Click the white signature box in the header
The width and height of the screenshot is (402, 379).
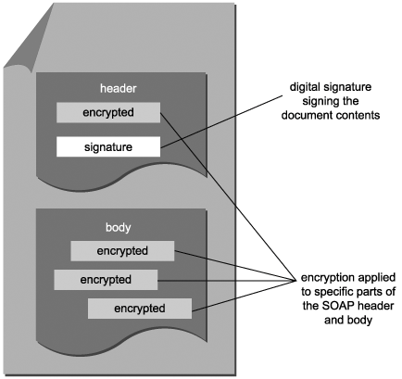108,146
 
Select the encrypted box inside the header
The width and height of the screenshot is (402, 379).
108,112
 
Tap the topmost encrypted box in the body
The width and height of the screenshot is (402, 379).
122,251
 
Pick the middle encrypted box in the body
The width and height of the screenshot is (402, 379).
106,280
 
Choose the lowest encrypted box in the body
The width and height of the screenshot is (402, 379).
140,309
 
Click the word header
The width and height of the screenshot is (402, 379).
119,89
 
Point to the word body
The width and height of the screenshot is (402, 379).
119,228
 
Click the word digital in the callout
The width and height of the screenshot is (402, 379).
305,87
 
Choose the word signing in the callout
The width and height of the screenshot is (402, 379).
318,102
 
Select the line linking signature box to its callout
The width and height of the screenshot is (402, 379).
222,121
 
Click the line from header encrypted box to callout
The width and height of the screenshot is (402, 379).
228,196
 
